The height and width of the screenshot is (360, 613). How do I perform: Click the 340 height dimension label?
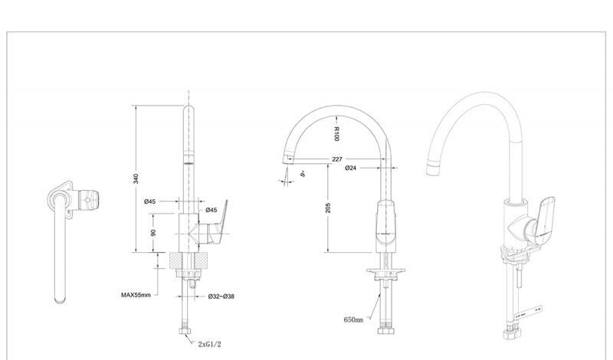click(136, 178)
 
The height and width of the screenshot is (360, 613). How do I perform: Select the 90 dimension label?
click(153, 233)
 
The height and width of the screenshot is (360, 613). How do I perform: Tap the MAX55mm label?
click(136, 294)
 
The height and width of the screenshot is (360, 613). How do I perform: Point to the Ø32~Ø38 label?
click(221, 296)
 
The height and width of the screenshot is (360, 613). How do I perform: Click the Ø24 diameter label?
click(351, 168)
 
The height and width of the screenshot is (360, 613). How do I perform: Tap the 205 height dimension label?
click(328, 208)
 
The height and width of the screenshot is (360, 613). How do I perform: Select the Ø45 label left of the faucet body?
click(150, 201)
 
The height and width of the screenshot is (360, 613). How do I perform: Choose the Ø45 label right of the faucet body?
click(211, 210)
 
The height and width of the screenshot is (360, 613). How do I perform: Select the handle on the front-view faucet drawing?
click(388, 224)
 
